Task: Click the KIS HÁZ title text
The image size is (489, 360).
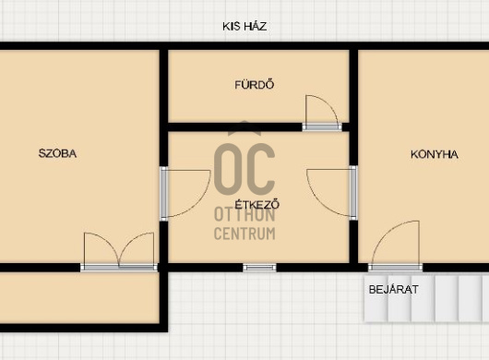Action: point(244,27)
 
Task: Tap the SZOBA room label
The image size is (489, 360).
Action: point(57,153)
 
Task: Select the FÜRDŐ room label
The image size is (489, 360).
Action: point(255,85)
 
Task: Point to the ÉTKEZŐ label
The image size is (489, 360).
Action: point(257,205)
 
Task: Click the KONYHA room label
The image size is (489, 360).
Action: point(435,154)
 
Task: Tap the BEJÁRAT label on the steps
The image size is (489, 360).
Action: point(394,290)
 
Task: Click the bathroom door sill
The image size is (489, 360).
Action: point(322,127)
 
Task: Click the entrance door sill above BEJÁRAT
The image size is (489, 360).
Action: point(396,268)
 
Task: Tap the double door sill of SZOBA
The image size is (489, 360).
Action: point(119,267)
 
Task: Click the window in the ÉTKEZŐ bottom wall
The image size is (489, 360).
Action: point(259,268)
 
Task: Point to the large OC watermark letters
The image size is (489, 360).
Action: point(244,169)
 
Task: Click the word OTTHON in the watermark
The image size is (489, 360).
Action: point(244,215)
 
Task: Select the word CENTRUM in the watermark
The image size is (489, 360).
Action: point(244,234)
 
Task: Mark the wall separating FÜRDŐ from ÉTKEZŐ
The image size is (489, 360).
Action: point(235,127)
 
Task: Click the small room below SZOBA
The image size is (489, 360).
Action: point(79,297)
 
